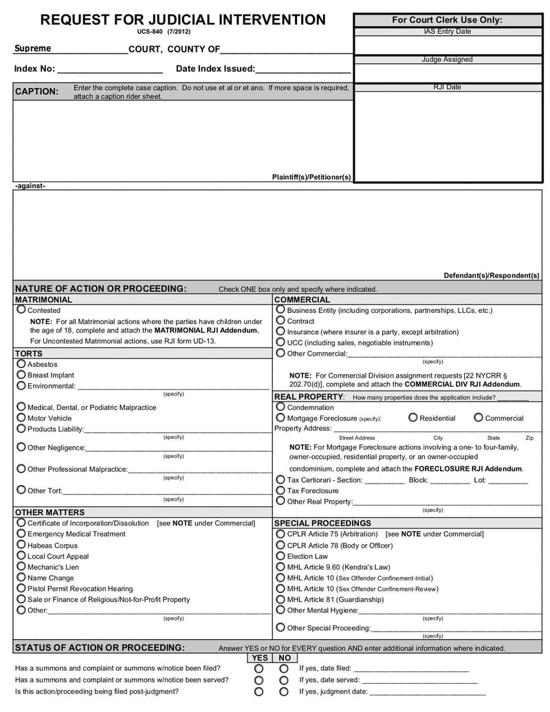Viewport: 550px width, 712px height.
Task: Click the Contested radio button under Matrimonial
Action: pos(21,310)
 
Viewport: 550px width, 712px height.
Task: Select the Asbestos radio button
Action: pos(21,364)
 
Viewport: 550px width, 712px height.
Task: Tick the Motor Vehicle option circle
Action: pos(21,418)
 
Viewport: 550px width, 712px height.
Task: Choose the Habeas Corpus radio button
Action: pos(21,545)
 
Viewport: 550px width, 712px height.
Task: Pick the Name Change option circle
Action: pos(21,577)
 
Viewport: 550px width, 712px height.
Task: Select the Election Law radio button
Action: pos(280,556)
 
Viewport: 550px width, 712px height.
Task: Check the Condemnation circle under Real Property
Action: pos(280,407)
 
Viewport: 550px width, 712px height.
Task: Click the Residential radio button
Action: pos(412,418)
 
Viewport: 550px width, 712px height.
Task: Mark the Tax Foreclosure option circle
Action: pos(280,490)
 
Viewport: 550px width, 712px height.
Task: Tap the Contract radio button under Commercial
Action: pos(280,321)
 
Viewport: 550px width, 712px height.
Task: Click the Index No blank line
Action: pos(109,69)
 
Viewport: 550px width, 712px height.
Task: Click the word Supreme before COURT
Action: pos(33,49)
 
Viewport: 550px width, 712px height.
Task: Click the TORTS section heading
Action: pos(29,354)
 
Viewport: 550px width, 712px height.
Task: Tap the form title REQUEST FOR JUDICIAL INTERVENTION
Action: pos(183,20)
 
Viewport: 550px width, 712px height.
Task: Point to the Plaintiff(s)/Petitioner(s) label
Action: pos(311,177)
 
